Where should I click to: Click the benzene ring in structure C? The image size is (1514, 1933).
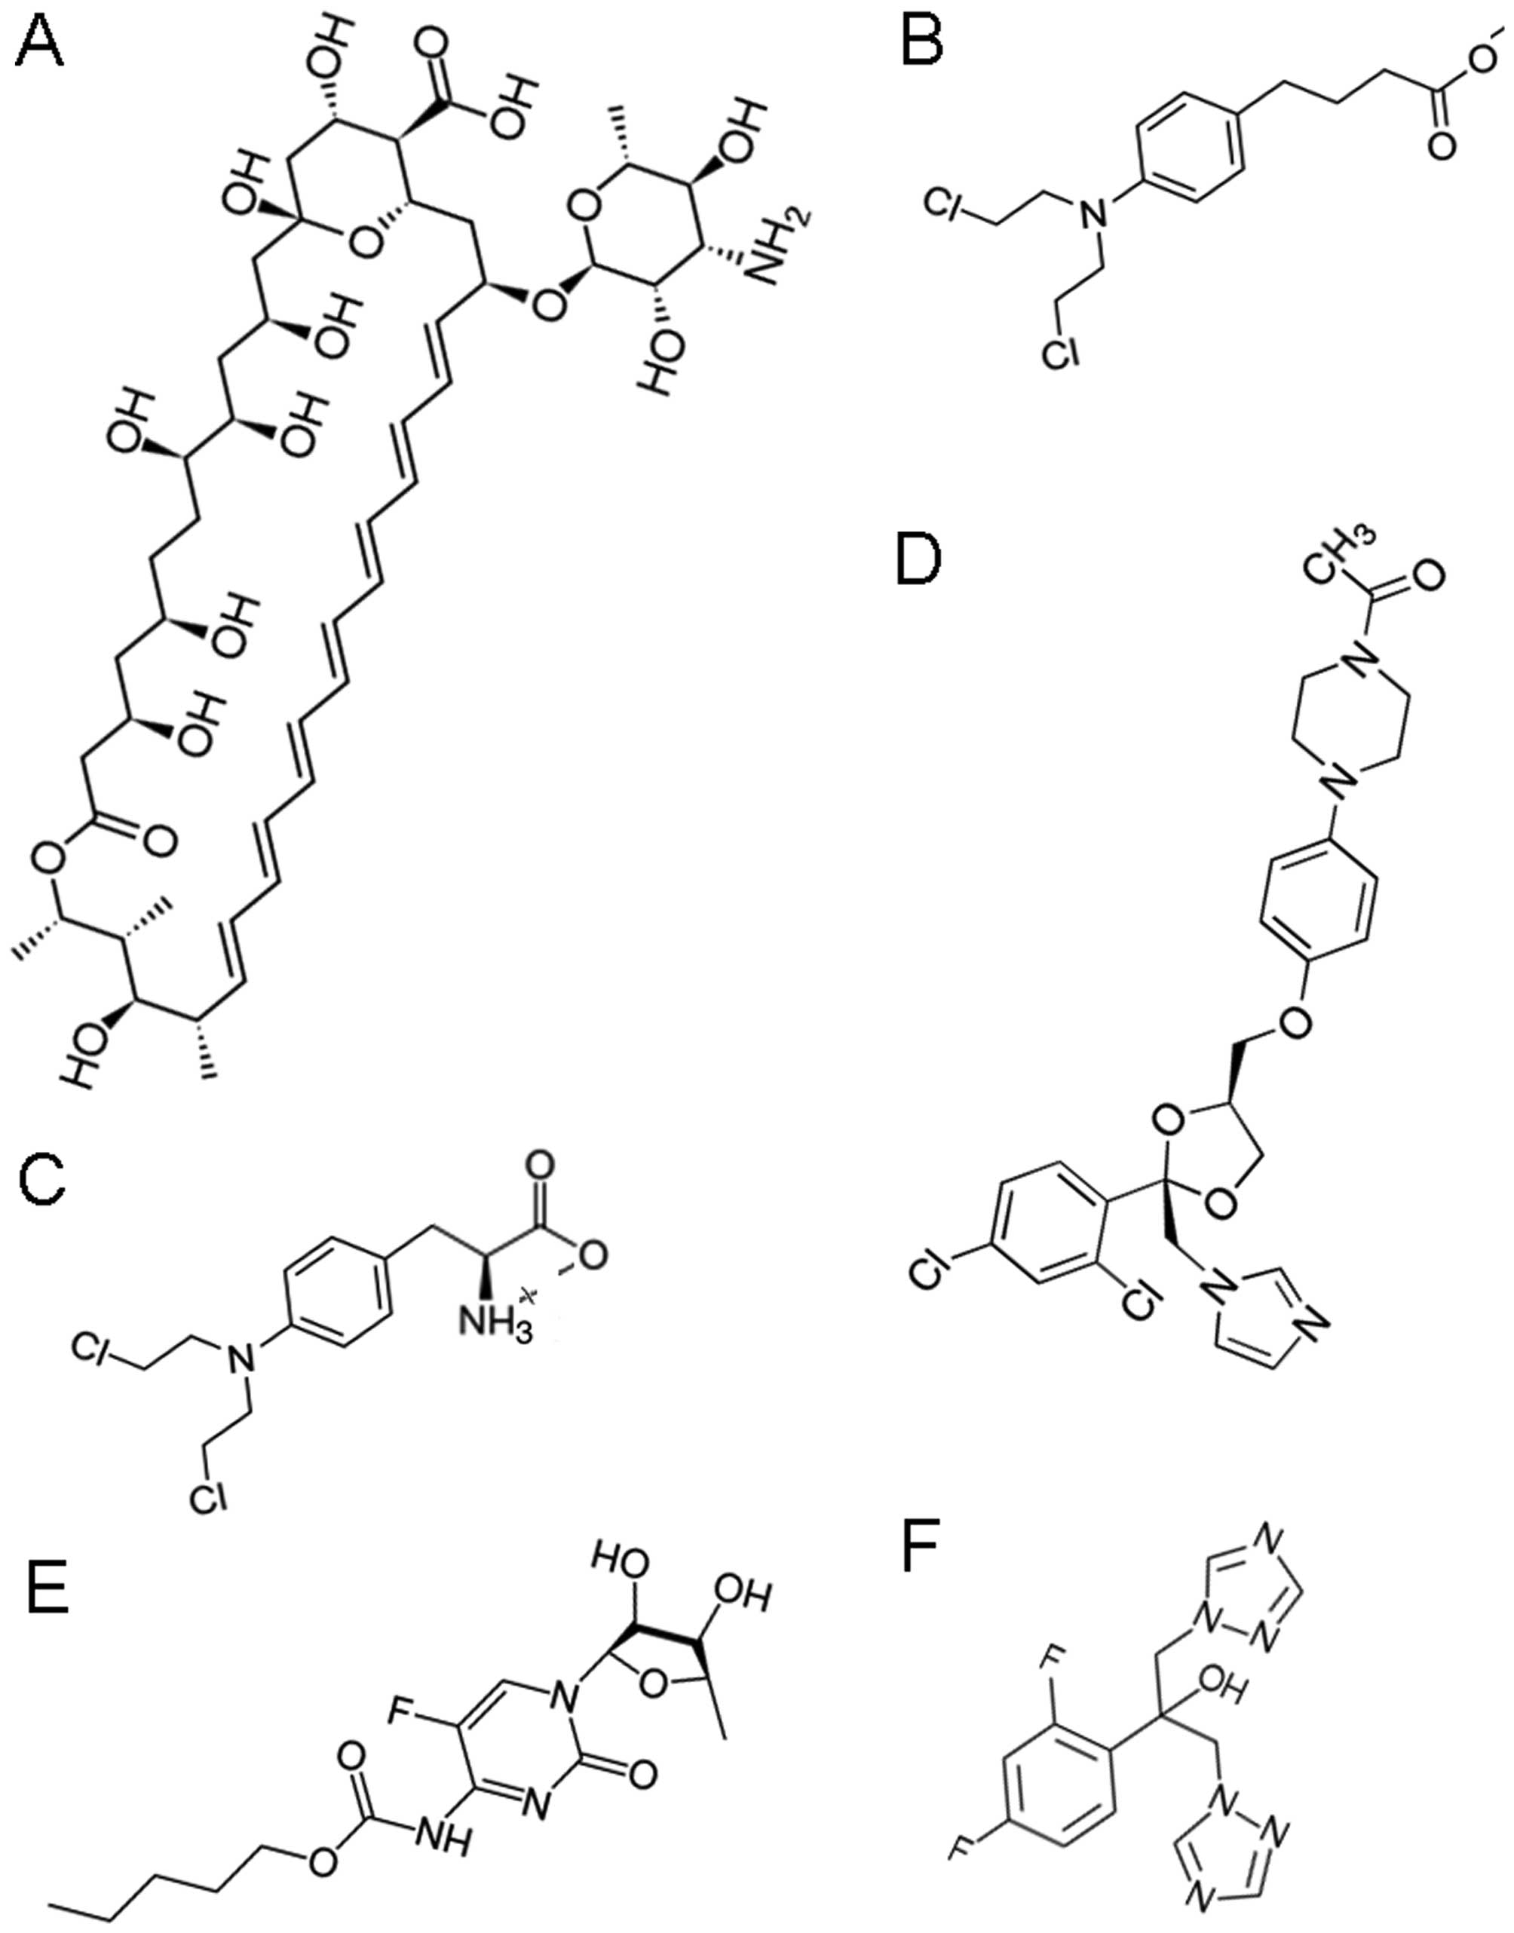pyautogui.click(x=339, y=1285)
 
